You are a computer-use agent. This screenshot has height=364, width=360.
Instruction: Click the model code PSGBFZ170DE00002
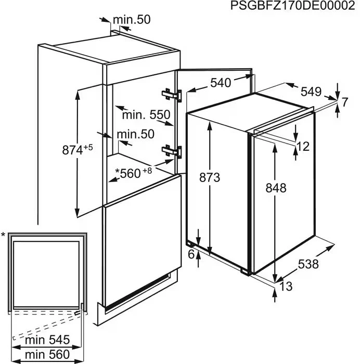[293, 6]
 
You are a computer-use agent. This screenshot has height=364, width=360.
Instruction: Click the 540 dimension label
[221, 83]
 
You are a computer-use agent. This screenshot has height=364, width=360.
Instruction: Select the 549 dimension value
[311, 92]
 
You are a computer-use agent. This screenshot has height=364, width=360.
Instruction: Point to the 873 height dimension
[210, 178]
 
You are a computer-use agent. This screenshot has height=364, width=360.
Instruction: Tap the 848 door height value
[276, 188]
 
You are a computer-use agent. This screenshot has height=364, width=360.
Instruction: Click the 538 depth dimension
[308, 264]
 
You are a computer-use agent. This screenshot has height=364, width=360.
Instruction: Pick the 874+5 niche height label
[78, 149]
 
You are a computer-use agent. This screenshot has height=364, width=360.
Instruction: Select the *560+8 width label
[134, 173]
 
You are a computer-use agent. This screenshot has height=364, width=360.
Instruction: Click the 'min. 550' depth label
[146, 115]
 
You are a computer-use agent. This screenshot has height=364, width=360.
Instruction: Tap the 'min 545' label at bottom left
[47, 340]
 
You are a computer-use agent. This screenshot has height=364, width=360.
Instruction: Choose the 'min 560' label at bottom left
[47, 355]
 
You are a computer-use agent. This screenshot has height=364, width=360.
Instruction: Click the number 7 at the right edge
[345, 102]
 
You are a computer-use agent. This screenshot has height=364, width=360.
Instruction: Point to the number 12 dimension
[303, 147]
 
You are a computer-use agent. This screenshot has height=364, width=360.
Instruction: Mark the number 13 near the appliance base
[286, 287]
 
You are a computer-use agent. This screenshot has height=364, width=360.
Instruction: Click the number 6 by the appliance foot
[191, 254]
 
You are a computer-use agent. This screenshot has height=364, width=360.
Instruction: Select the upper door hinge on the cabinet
[172, 95]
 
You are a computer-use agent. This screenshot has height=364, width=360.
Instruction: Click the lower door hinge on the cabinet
[172, 151]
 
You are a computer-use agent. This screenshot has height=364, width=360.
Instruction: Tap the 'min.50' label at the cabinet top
[132, 20]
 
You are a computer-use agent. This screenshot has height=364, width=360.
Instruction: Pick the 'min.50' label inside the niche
[136, 134]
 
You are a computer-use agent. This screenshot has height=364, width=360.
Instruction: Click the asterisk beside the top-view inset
[3, 235]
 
